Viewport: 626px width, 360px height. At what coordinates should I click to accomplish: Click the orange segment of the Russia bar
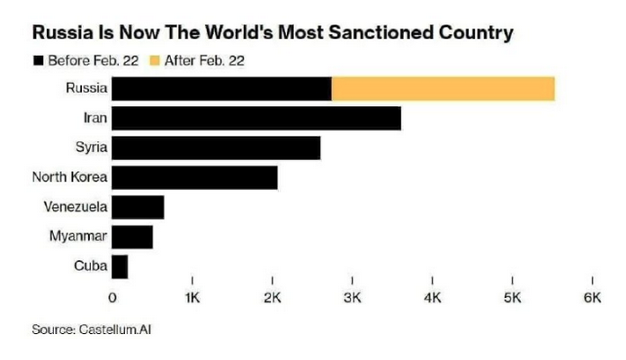pyautogui.click(x=443, y=89)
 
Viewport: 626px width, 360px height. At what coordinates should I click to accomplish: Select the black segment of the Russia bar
pyautogui.click(x=222, y=89)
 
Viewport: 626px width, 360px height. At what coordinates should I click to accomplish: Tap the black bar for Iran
pyautogui.click(x=256, y=119)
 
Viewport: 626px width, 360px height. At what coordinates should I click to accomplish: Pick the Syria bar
pyautogui.click(x=216, y=148)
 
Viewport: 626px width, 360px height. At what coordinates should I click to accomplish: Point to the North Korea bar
pyautogui.click(x=194, y=178)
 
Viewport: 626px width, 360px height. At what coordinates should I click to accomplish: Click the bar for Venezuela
pyautogui.click(x=138, y=207)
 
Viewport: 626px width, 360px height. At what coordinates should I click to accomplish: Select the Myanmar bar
pyautogui.click(x=132, y=237)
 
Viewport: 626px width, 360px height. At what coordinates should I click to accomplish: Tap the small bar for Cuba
pyautogui.click(x=120, y=266)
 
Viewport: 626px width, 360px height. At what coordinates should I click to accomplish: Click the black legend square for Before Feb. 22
pyautogui.click(x=37, y=61)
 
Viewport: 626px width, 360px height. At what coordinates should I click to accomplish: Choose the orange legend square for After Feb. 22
pyautogui.click(x=155, y=61)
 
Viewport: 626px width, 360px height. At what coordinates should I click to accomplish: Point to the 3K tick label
pyautogui.click(x=353, y=297)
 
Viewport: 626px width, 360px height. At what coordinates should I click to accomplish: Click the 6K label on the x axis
pyautogui.click(x=592, y=297)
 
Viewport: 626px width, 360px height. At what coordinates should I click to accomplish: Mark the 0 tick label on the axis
pyautogui.click(x=112, y=297)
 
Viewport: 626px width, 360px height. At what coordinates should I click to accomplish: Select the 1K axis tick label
pyautogui.click(x=192, y=297)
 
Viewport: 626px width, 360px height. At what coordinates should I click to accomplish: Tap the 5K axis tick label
pyautogui.click(x=512, y=297)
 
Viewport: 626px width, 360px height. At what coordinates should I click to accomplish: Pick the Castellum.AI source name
pyautogui.click(x=121, y=330)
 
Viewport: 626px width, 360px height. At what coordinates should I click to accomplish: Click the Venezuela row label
pyautogui.click(x=76, y=207)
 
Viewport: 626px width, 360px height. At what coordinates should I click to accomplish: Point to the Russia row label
pyautogui.click(x=87, y=88)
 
